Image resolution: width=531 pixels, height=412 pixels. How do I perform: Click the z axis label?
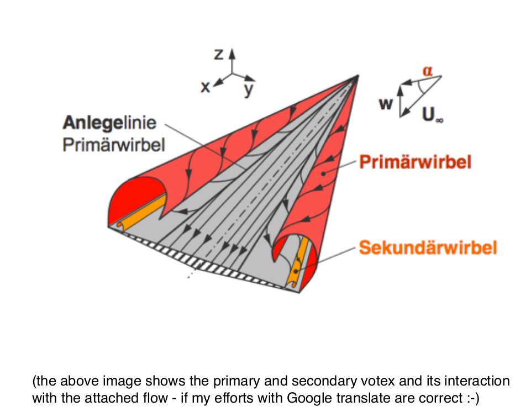tap(219, 54)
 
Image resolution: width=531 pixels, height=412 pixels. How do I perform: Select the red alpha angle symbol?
tap(427, 70)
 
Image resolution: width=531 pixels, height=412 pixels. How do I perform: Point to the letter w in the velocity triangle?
tap(386, 104)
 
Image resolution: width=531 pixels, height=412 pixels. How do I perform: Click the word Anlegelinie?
tap(110, 123)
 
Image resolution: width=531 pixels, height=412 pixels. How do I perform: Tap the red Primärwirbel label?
tap(415, 162)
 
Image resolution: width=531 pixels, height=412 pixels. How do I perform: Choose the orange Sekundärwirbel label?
tap(428, 247)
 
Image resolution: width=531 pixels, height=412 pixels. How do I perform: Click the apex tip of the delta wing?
tap(359, 75)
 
